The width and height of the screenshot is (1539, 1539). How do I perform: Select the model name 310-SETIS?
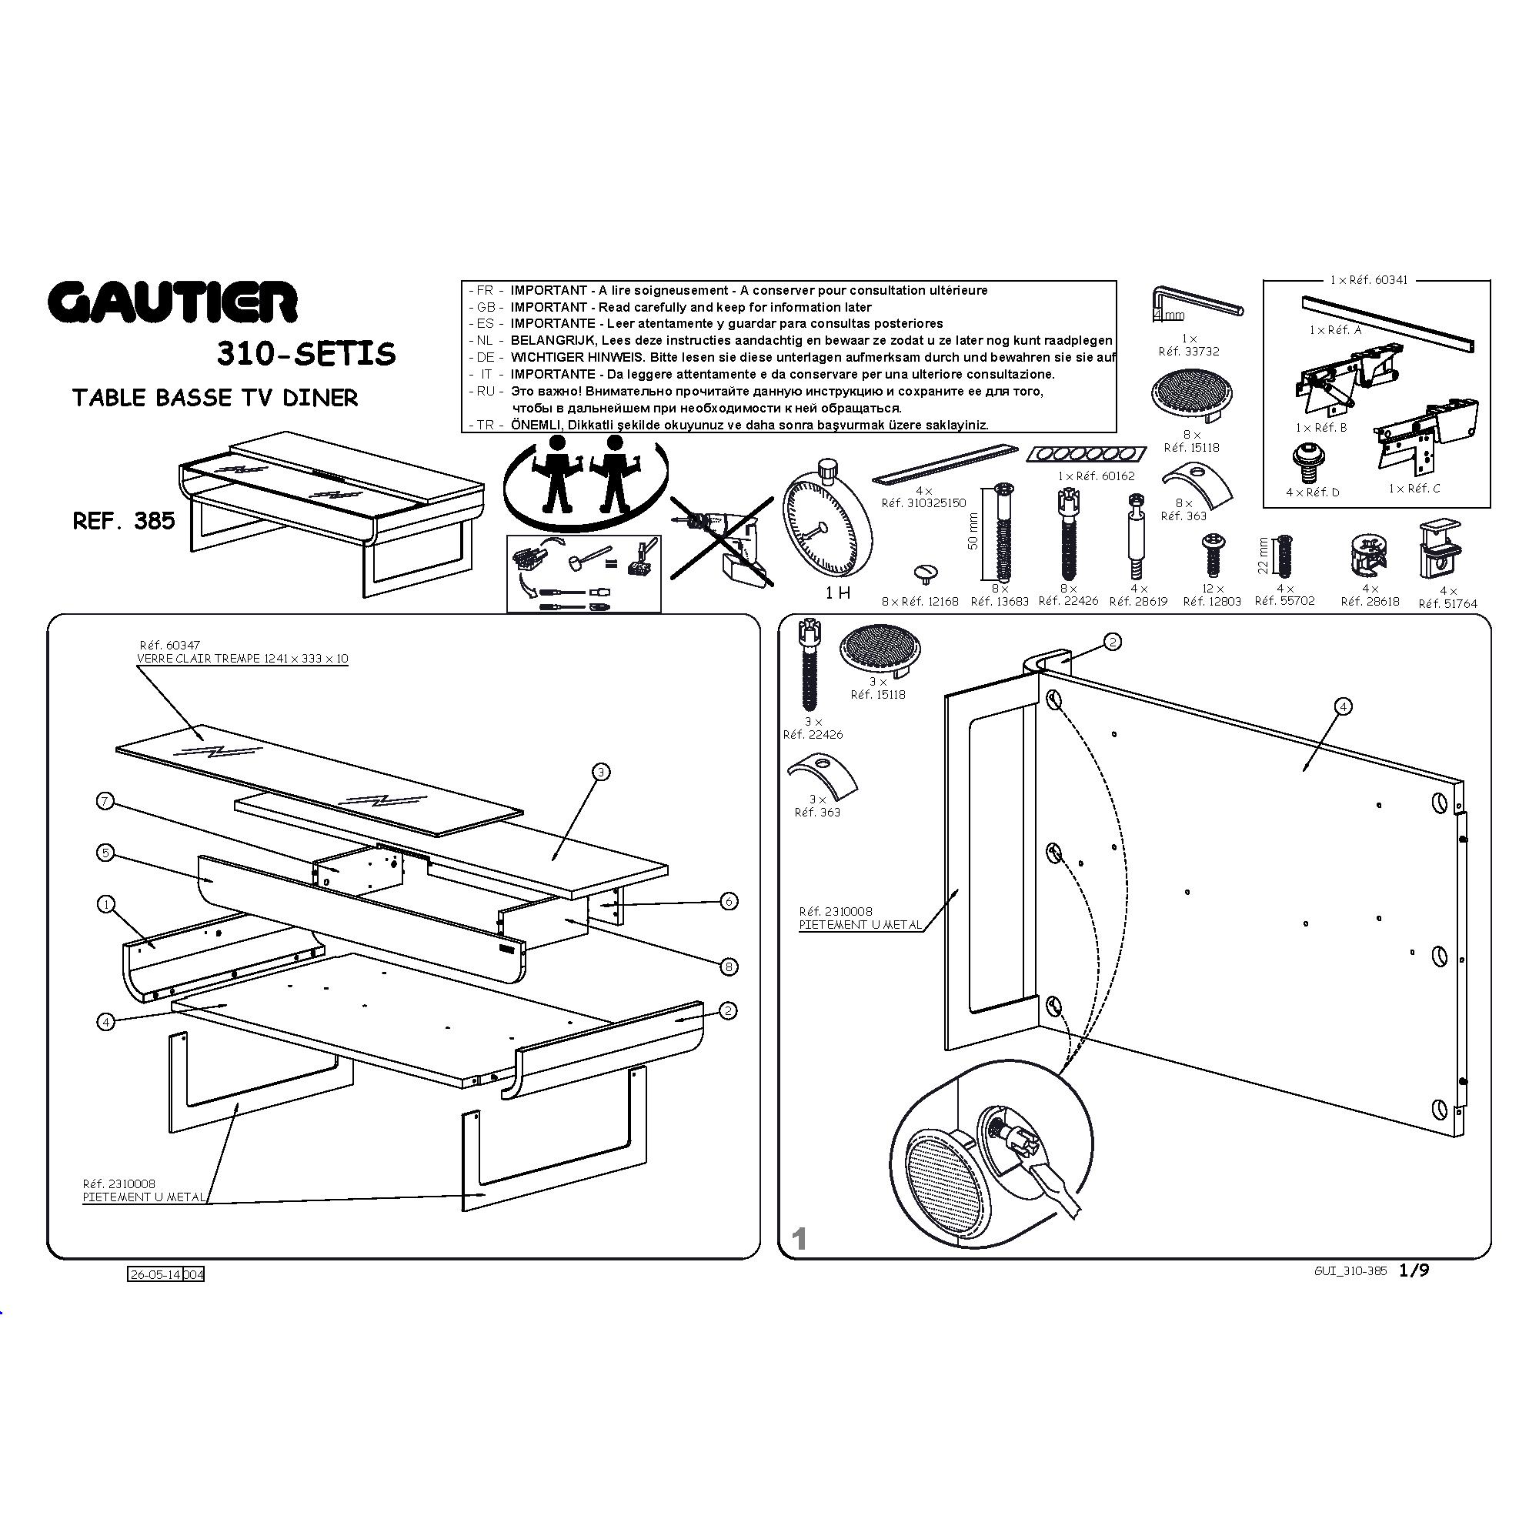pos(306,354)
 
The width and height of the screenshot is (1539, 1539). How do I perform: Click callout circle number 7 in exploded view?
pos(105,801)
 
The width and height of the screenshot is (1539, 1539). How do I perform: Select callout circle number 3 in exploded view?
pos(602,771)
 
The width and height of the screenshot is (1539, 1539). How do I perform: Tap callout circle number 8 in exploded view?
pos(729,966)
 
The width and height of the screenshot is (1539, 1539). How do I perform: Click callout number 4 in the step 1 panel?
pos(1343,706)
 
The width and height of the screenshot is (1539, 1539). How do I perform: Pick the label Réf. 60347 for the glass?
pos(169,646)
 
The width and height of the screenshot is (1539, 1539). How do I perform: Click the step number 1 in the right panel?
pos(800,1239)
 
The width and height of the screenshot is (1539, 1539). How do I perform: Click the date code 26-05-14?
pos(155,1274)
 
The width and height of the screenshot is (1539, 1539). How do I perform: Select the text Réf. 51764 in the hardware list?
pos(1447,604)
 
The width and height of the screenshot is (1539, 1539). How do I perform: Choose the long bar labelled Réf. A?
pos(1387,323)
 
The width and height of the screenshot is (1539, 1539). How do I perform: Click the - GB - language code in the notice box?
pos(485,308)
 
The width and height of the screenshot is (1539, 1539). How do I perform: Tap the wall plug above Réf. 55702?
pos(1284,556)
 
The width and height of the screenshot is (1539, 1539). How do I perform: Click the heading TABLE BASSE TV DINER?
pos(215,399)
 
